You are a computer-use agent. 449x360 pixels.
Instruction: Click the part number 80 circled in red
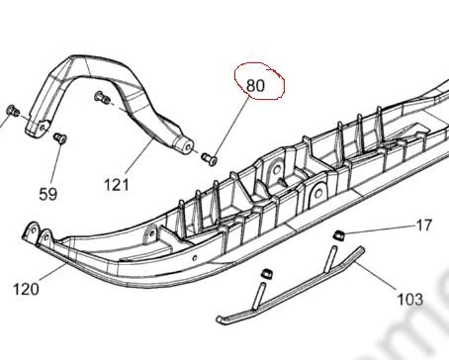[x=255, y=86]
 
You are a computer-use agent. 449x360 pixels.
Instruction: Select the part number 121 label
[x=117, y=185]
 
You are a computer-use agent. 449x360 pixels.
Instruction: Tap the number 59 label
[x=48, y=194]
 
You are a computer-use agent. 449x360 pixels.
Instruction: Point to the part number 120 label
[x=26, y=289]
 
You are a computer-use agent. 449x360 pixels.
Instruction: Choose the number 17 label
[x=424, y=225]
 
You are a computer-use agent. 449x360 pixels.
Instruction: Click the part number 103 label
[x=410, y=300]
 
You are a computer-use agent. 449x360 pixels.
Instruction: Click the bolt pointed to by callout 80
[x=210, y=158]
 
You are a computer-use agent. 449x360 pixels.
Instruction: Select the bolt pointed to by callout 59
[x=60, y=137]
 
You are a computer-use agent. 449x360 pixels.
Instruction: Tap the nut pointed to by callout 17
[x=339, y=235]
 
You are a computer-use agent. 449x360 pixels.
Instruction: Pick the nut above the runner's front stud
[x=266, y=274]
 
